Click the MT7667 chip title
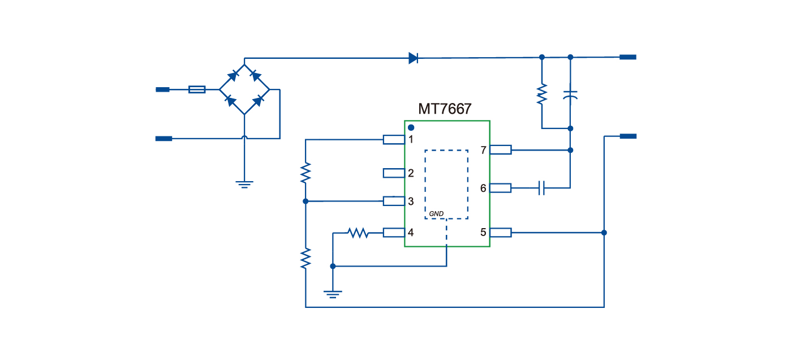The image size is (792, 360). click(444, 109)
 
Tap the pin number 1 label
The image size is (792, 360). click(411, 139)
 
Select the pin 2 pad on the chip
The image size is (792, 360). click(394, 173)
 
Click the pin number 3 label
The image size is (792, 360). click(411, 202)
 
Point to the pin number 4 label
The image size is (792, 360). click(411, 233)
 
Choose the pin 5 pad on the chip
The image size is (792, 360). click(501, 232)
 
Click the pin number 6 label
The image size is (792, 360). click(483, 188)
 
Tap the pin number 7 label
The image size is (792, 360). click(483, 151)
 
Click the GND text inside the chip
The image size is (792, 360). click(436, 213)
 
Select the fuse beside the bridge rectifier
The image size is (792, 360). click(196, 89)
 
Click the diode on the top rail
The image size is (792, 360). click(413, 58)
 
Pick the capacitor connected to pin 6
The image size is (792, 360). click(542, 187)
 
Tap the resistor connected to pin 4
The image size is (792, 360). click(358, 233)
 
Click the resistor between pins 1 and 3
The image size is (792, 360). click(305, 172)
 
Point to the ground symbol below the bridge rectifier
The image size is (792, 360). click(244, 184)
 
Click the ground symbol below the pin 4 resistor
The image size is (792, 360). click(333, 294)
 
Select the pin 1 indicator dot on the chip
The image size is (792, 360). click(411, 127)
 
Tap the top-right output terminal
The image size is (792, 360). click(628, 57)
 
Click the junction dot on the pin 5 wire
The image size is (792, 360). click(604, 233)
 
